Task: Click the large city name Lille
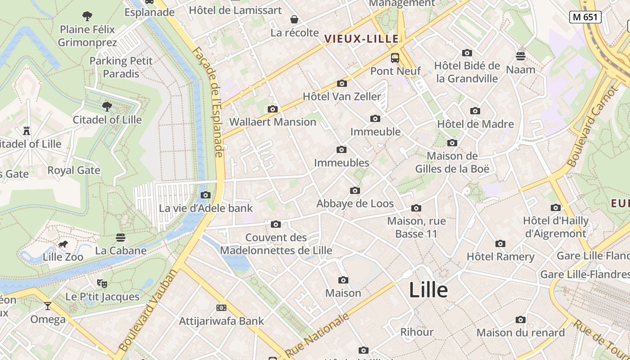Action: coord(428,290)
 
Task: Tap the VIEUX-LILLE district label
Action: coord(362,39)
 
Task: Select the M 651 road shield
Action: coord(585,17)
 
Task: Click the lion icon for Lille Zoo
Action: coord(63,244)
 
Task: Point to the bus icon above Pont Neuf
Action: coord(395,58)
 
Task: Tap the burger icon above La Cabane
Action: coord(120,238)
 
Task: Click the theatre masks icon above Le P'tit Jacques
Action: coord(102,283)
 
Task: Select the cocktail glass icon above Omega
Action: coord(48,306)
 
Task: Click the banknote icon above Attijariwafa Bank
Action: coord(221,308)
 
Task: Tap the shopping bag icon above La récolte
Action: coord(294,19)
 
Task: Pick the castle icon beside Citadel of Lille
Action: coord(27,131)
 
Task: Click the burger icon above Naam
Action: coord(521,56)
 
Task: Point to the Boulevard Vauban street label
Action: coord(148,310)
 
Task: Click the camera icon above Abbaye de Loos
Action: coord(355,191)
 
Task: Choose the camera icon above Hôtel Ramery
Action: coord(500,244)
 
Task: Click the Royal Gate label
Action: coord(74,171)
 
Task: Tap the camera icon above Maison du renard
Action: coord(521,320)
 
